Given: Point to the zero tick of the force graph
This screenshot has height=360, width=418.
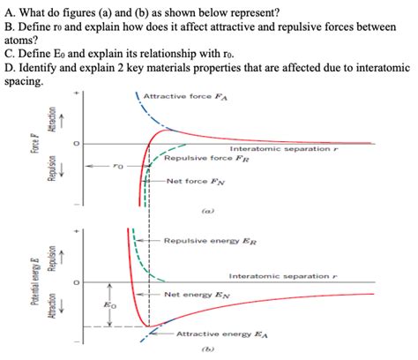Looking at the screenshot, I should coord(77,144).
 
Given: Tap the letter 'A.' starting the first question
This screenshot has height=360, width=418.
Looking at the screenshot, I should coord(9,11).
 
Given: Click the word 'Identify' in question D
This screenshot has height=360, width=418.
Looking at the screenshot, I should coord(43,66).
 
